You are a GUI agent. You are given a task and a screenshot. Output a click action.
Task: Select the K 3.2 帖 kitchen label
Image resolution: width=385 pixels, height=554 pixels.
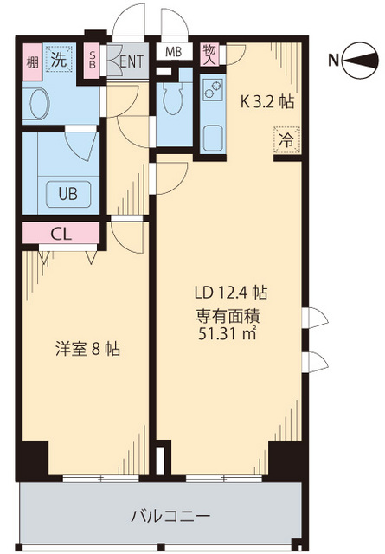pos(266,101)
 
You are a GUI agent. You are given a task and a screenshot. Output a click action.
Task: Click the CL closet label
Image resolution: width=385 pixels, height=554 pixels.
pos(61,233)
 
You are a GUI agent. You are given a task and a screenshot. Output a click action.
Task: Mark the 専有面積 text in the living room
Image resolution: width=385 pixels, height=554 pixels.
pos(228,314)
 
